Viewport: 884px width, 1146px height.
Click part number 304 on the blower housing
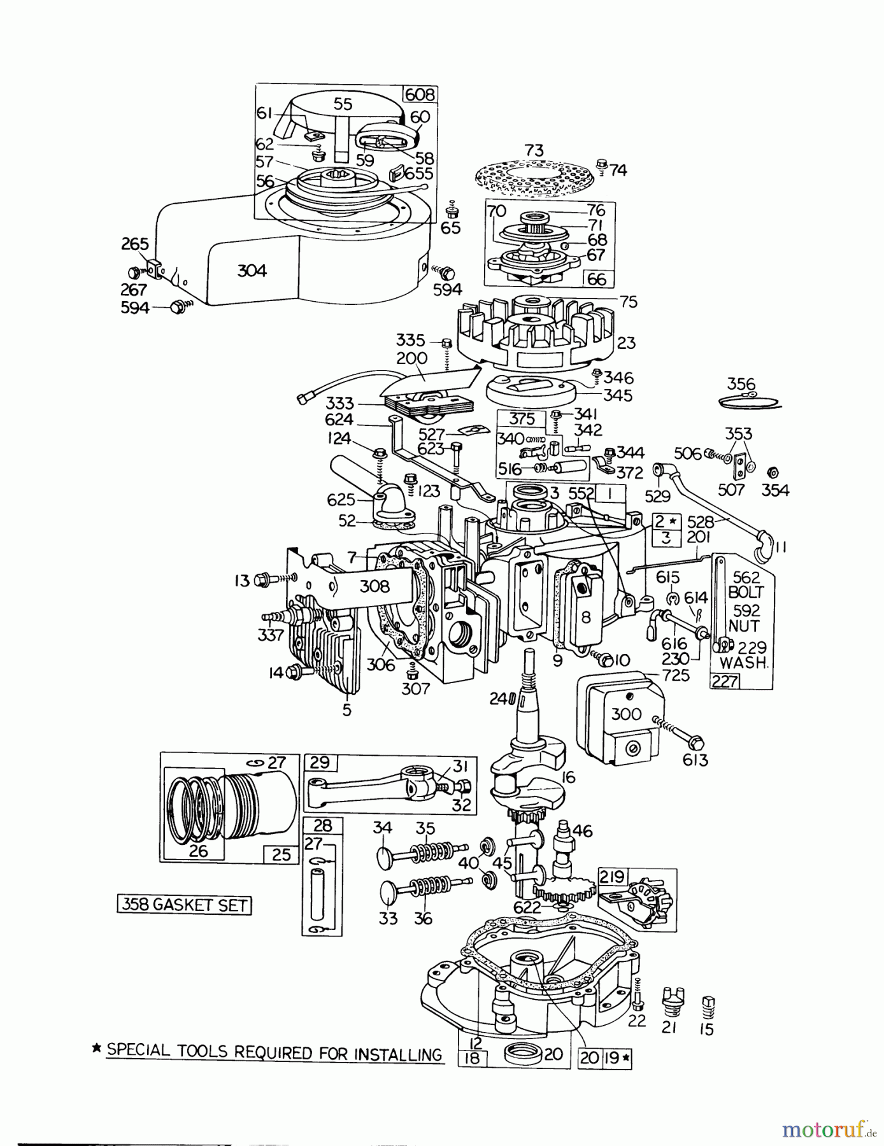(x=252, y=271)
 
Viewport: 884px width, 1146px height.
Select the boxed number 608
(x=420, y=95)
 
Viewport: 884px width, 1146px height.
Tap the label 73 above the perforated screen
(x=534, y=150)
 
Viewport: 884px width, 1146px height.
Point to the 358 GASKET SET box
(x=184, y=905)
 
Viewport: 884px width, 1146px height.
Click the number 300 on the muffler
(x=625, y=714)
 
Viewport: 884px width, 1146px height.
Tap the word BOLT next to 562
(x=746, y=591)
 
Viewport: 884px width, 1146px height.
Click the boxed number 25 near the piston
(x=281, y=854)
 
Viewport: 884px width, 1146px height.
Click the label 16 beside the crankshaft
(x=568, y=777)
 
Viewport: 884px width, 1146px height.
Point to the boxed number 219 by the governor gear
(x=611, y=878)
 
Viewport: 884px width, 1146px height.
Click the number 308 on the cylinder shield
(x=374, y=586)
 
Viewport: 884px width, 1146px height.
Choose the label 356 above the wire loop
(x=741, y=384)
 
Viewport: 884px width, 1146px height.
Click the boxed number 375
(x=520, y=419)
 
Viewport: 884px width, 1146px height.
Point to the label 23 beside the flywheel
(x=626, y=343)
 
